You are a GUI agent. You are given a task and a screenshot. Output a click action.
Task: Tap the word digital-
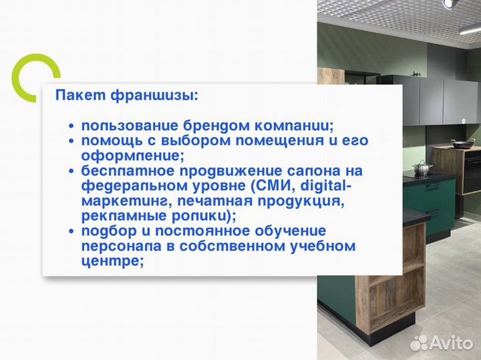pyautogui.click(x=325, y=186)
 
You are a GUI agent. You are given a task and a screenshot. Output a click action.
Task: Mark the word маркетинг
pyautogui.click(x=120, y=201)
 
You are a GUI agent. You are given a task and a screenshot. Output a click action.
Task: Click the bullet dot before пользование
pyautogui.click(x=71, y=126)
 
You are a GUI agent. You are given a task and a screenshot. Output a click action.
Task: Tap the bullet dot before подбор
pyautogui.click(x=71, y=231)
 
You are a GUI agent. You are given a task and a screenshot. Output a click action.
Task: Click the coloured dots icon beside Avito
pyautogui.click(x=420, y=342)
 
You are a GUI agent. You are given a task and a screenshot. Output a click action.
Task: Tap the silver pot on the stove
pyautogui.click(x=422, y=167)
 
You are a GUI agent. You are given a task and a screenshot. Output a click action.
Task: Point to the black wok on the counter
pyautogui.click(x=462, y=142)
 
